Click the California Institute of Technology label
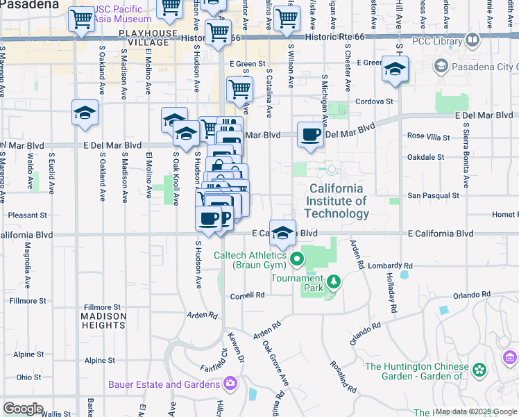pos(337,201)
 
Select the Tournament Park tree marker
pos(334,281)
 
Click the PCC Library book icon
pos(473,41)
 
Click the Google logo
pos(23,409)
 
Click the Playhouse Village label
pos(144,38)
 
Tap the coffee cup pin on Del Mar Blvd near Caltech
pos(310,133)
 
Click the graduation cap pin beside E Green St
pos(395,69)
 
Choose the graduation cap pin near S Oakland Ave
pos(85,113)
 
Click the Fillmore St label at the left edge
pos(28,301)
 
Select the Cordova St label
pos(374,101)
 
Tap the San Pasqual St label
pos(434,196)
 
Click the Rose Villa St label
pos(429,136)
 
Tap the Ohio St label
pos(29,377)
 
